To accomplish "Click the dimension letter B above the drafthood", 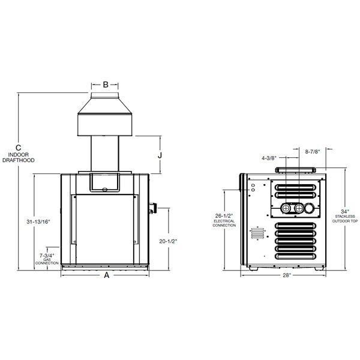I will (x=105, y=85).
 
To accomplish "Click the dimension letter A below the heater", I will (x=106, y=275).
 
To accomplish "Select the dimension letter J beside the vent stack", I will (x=160, y=154).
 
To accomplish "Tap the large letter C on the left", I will (x=19, y=148).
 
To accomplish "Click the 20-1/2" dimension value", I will (x=169, y=241).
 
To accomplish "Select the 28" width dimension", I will (x=286, y=275).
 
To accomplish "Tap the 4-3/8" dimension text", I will (x=268, y=158).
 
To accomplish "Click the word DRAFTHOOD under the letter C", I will (x=19, y=161).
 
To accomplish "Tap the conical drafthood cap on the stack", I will (x=106, y=118).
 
